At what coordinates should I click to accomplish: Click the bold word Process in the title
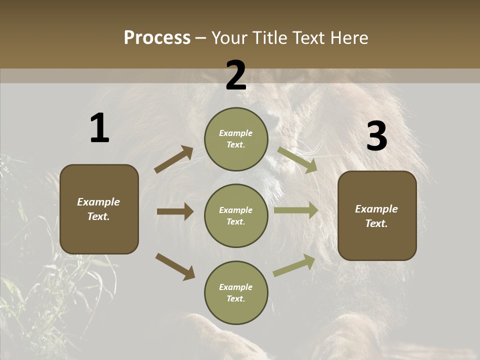coord(157,38)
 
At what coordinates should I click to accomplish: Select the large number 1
coord(99,128)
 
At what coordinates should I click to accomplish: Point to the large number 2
coord(236,75)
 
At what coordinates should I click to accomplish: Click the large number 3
coord(376,136)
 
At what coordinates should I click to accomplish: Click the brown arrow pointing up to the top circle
coord(174,159)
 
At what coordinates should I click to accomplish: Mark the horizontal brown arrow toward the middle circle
coord(175,211)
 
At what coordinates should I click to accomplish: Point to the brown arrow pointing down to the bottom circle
coord(175,266)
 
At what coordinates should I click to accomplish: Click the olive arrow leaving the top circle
coord(297,159)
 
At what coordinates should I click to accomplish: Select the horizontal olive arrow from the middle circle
coord(296,210)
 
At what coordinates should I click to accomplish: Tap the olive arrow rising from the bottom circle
coord(294,265)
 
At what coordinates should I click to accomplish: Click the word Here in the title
coord(349,38)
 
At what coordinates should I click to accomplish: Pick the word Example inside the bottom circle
coord(236,287)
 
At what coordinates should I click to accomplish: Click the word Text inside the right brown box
coord(376,223)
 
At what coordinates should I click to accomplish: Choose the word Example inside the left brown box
coord(98,202)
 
